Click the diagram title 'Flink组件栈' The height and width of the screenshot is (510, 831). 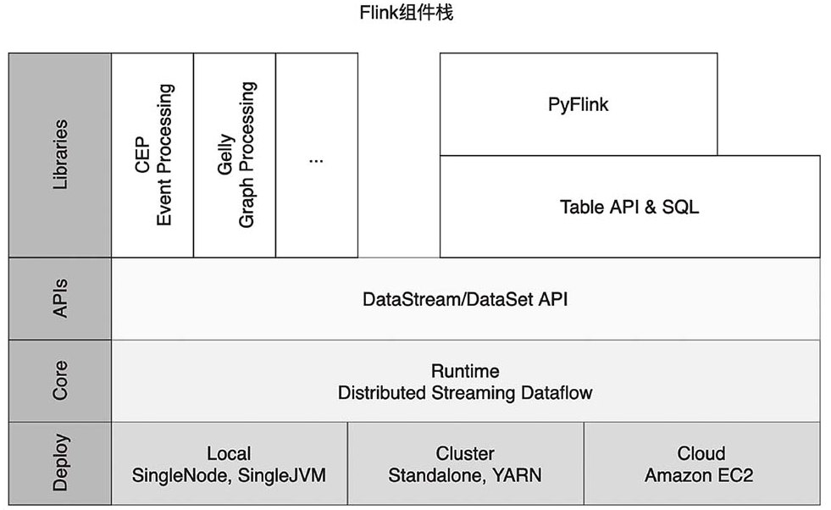407,13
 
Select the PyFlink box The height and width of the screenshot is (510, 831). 579,104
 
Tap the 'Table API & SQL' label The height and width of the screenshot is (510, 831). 629,207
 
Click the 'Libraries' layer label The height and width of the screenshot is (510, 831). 60,154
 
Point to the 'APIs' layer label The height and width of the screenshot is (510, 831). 60,298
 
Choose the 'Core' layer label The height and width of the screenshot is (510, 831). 60,380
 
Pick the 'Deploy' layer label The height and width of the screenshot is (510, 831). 60,463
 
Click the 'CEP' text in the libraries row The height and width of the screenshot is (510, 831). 142,154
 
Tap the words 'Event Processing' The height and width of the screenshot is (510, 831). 164,155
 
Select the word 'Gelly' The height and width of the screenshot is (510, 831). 225,154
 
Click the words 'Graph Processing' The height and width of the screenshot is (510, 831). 247,155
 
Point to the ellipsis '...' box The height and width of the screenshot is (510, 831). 317,155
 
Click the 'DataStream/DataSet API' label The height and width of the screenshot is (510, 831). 465,300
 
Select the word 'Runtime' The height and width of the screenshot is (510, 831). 465,370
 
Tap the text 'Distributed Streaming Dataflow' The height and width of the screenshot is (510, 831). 465,393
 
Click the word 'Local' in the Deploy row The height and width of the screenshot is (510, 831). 229,453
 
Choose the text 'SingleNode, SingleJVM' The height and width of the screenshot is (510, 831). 229,475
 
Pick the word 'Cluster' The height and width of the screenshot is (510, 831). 465,453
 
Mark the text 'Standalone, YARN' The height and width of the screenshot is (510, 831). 465,475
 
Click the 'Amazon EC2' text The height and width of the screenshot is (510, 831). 699,475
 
